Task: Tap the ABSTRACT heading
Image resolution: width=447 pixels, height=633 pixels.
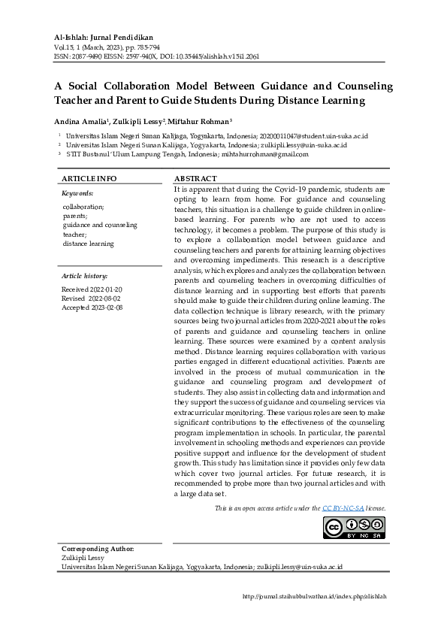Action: coord(196,178)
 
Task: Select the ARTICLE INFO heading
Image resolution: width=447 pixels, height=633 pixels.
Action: coord(89,178)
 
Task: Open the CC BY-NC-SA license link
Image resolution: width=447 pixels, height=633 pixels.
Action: coord(343,509)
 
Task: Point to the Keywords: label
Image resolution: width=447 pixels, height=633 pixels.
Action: coord(77,194)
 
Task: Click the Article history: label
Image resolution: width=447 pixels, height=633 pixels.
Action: coord(85,277)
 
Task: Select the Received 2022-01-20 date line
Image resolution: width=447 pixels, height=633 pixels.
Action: coord(92,289)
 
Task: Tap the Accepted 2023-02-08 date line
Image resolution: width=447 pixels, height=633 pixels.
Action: coord(92,307)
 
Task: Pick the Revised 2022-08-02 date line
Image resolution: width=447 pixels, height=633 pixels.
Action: coord(92,298)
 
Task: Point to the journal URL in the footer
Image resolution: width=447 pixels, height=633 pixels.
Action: coord(315,596)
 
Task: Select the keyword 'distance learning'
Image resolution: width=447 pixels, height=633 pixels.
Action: coord(89,244)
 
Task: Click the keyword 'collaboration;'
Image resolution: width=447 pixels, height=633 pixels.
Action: coord(83,206)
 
